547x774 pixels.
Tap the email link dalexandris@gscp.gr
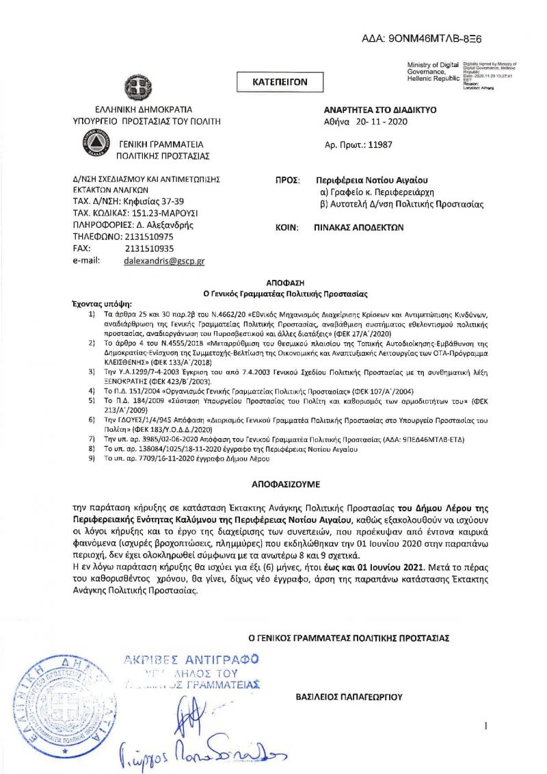pyautogui.click(x=164, y=261)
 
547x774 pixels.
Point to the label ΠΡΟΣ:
pyautogui.click(x=288, y=180)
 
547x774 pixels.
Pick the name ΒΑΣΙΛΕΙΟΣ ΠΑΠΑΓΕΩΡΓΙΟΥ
pyautogui.click(x=349, y=697)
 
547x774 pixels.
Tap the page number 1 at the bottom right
pyautogui.click(x=485, y=725)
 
